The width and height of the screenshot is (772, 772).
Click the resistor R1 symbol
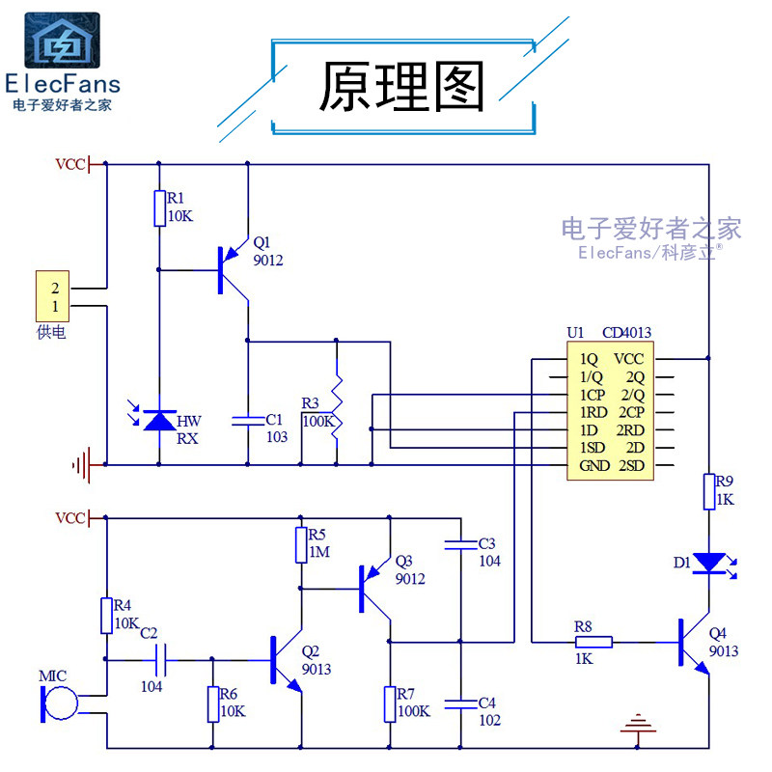[x=159, y=207]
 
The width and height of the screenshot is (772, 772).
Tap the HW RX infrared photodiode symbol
[x=159, y=421]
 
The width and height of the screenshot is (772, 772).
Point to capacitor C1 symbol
[x=248, y=420]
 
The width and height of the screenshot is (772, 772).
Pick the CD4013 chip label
[x=626, y=333]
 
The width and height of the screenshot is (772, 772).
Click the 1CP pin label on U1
[x=593, y=395]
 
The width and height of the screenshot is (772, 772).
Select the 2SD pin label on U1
[x=630, y=466]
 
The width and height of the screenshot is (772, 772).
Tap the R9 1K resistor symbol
[x=709, y=491]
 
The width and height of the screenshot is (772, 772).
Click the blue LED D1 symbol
[x=709, y=562]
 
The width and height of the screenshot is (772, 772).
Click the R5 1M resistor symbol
[x=300, y=545]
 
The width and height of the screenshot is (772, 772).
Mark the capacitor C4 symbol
[x=461, y=702]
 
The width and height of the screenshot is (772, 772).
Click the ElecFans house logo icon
[x=61, y=41]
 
